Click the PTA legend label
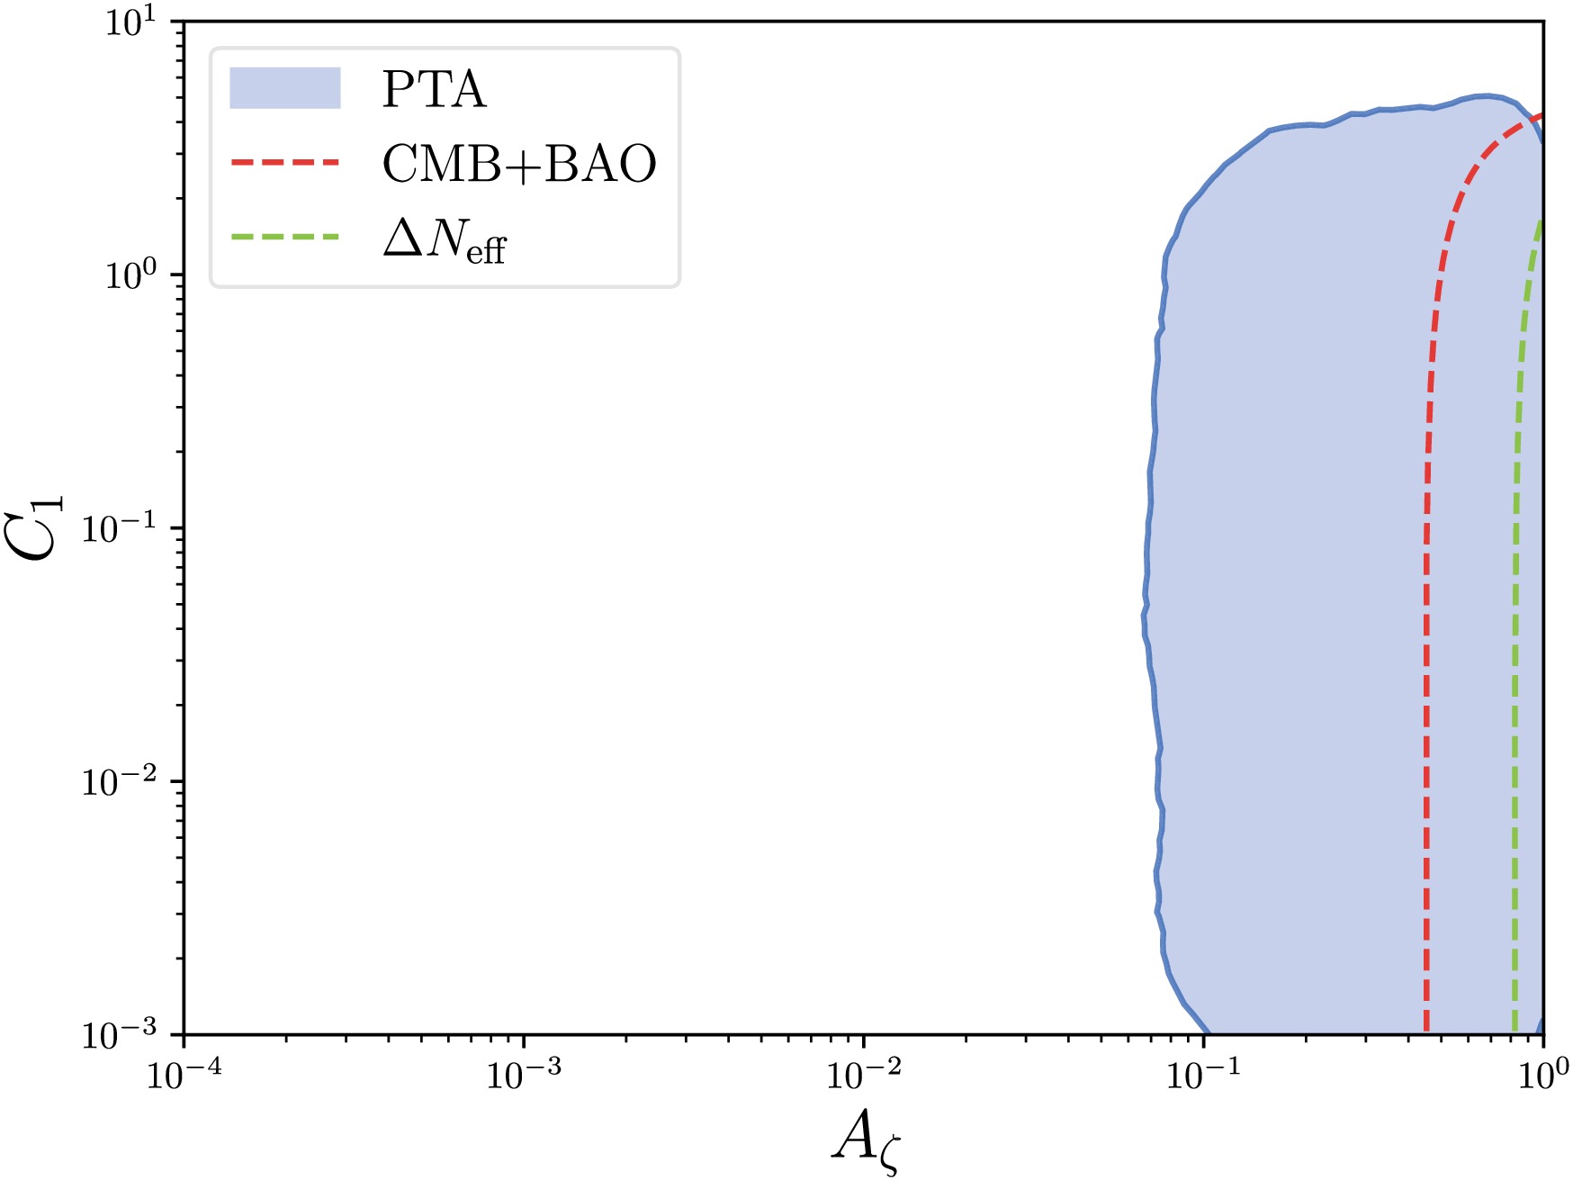(434, 90)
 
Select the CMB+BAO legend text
(519, 164)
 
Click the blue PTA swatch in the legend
(285, 88)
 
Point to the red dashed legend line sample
(285, 163)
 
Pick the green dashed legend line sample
(285, 238)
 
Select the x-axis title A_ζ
(865, 1140)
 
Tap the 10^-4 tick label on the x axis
(183, 1073)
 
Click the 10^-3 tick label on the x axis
(522, 1073)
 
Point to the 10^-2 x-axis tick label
(862, 1073)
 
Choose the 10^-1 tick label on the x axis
(1202, 1073)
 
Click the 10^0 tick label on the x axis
(1542, 1073)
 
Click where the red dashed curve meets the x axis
(1427, 1033)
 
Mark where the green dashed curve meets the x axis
(1515, 1033)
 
